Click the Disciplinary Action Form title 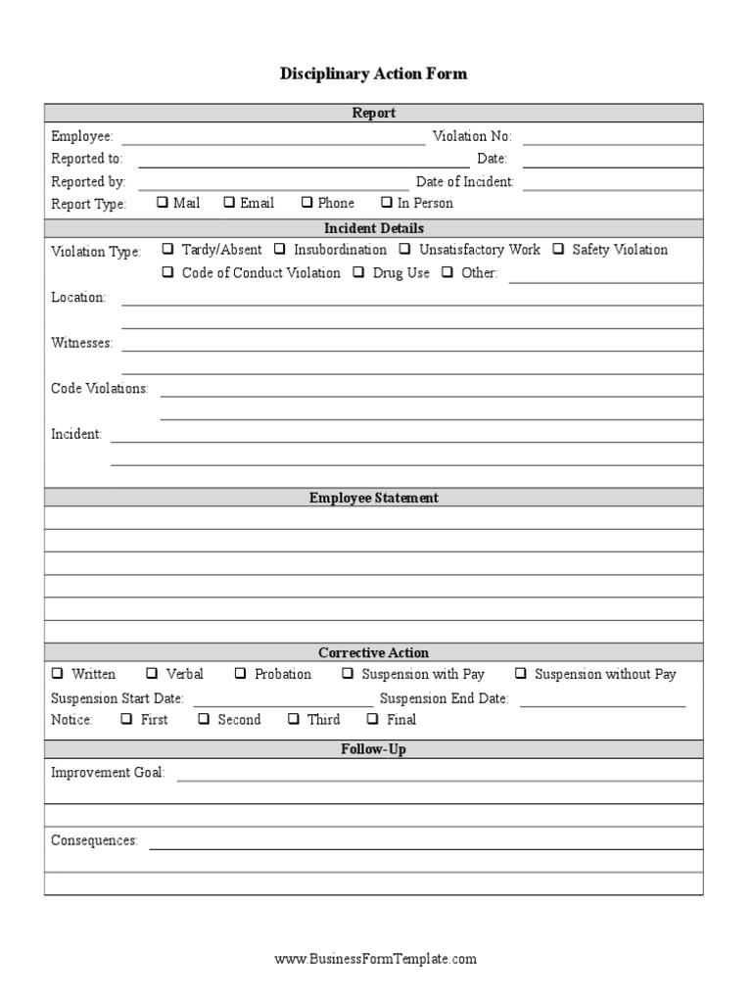[x=374, y=73]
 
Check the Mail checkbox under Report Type [x=163, y=203]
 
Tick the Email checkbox [x=229, y=203]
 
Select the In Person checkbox [x=387, y=203]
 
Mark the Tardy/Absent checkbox [x=169, y=250]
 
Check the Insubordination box [x=281, y=250]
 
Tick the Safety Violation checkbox [x=559, y=250]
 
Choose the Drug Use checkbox [x=359, y=273]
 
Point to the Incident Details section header [x=374, y=228]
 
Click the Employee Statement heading [x=374, y=498]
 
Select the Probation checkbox [x=241, y=674]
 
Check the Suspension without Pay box [x=521, y=674]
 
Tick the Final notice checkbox [x=373, y=719]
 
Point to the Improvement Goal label [x=108, y=773]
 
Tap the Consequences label [x=94, y=841]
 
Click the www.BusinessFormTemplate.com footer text [x=375, y=959]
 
